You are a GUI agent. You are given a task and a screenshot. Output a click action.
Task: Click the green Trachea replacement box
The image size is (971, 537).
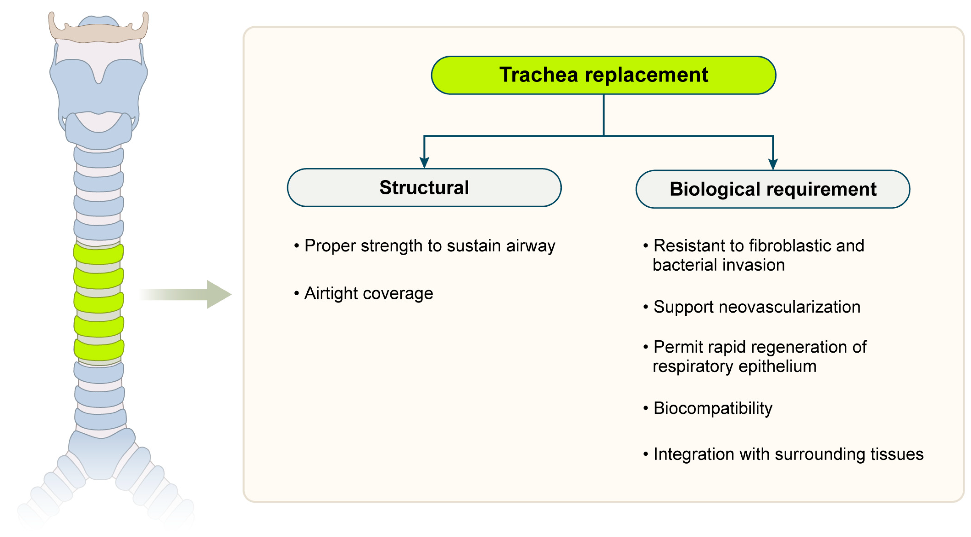click(x=603, y=75)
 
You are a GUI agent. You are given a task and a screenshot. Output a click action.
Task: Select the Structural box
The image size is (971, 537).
click(x=424, y=188)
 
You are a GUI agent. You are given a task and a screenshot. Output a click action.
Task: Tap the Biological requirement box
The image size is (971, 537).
click(x=773, y=189)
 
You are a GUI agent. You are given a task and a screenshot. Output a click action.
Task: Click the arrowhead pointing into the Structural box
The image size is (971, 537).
click(x=424, y=162)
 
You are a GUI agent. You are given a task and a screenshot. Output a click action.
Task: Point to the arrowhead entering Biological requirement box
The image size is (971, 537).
click(x=773, y=164)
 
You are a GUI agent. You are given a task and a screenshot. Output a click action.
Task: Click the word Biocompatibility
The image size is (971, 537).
click(x=713, y=408)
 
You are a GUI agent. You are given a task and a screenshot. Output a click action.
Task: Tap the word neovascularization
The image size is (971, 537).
click(x=789, y=307)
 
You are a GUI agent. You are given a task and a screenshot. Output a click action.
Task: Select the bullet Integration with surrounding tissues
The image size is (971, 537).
click(x=788, y=454)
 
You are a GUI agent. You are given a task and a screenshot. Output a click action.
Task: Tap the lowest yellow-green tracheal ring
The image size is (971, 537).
click(x=99, y=350)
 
